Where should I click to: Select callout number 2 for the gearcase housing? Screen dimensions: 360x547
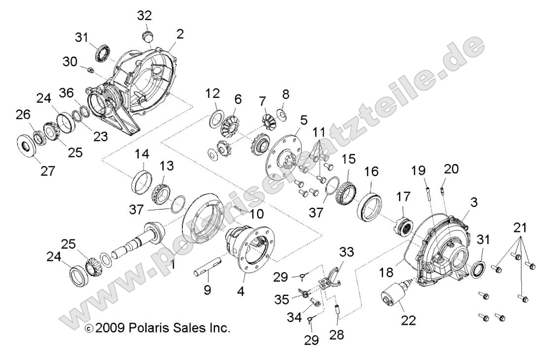(x=180, y=34)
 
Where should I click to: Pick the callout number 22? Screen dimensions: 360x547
(x=409, y=320)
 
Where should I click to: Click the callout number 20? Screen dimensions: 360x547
(x=451, y=169)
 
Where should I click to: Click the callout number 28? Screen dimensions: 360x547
(x=338, y=335)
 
